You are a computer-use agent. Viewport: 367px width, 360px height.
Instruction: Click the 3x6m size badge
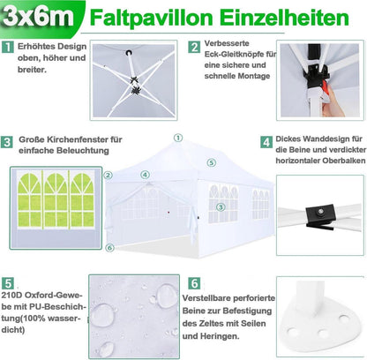click(39, 17)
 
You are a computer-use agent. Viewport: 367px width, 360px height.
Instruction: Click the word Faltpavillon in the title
click(152, 18)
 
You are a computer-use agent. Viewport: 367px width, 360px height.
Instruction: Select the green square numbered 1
click(7, 47)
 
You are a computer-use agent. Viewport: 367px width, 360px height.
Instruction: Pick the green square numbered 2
click(194, 47)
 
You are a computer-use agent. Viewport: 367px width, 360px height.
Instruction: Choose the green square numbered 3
click(7, 142)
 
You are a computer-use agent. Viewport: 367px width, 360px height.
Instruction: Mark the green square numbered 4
click(266, 142)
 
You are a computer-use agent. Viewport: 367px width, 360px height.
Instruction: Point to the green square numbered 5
click(7, 283)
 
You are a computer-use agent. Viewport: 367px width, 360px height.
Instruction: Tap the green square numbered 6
click(194, 283)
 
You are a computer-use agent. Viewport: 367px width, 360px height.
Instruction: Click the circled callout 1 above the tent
click(178, 138)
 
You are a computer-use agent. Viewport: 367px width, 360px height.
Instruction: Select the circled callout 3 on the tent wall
click(221, 207)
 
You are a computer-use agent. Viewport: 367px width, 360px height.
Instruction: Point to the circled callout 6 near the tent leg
click(109, 248)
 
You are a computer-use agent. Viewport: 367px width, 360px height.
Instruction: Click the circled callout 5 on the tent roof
click(211, 162)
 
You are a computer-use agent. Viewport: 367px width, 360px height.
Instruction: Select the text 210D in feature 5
click(11, 295)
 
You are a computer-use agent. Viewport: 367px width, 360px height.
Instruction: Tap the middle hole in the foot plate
click(323, 334)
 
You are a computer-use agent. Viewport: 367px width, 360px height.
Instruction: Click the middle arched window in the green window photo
click(56, 199)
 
